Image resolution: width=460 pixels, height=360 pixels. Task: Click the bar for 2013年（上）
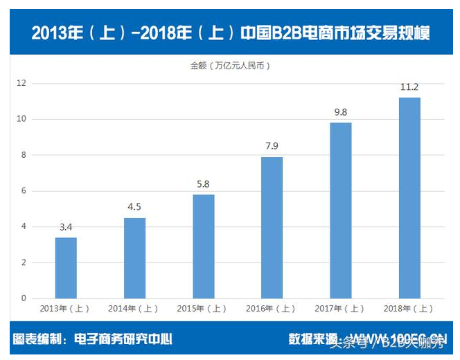[x=66, y=268]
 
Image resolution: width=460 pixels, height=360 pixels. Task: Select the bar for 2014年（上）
[x=134, y=258]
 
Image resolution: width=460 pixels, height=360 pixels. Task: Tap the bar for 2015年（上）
[x=203, y=246]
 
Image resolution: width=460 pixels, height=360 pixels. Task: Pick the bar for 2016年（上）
[x=272, y=228]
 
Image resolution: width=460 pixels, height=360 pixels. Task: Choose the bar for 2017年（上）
[x=340, y=210]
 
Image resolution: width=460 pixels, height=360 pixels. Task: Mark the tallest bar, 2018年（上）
[x=409, y=198]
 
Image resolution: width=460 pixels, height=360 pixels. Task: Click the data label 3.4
[x=66, y=228]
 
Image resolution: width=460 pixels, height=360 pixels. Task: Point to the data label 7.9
[x=272, y=147]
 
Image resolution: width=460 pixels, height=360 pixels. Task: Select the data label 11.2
[x=409, y=87]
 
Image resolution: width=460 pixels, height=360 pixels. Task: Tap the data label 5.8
[x=203, y=185]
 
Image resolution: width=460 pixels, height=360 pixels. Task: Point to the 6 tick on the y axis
[x=23, y=191]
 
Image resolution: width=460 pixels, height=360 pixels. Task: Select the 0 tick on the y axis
[x=23, y=298]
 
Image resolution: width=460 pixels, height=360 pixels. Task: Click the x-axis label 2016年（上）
[x=272, y=309]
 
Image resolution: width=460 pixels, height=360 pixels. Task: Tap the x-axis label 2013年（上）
[x=66, y=309]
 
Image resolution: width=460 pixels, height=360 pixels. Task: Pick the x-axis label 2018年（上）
[x=409, y=309]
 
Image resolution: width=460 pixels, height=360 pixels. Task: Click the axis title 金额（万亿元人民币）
[x=230, y=66]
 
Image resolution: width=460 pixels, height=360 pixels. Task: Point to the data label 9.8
[x=340, y=112]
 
